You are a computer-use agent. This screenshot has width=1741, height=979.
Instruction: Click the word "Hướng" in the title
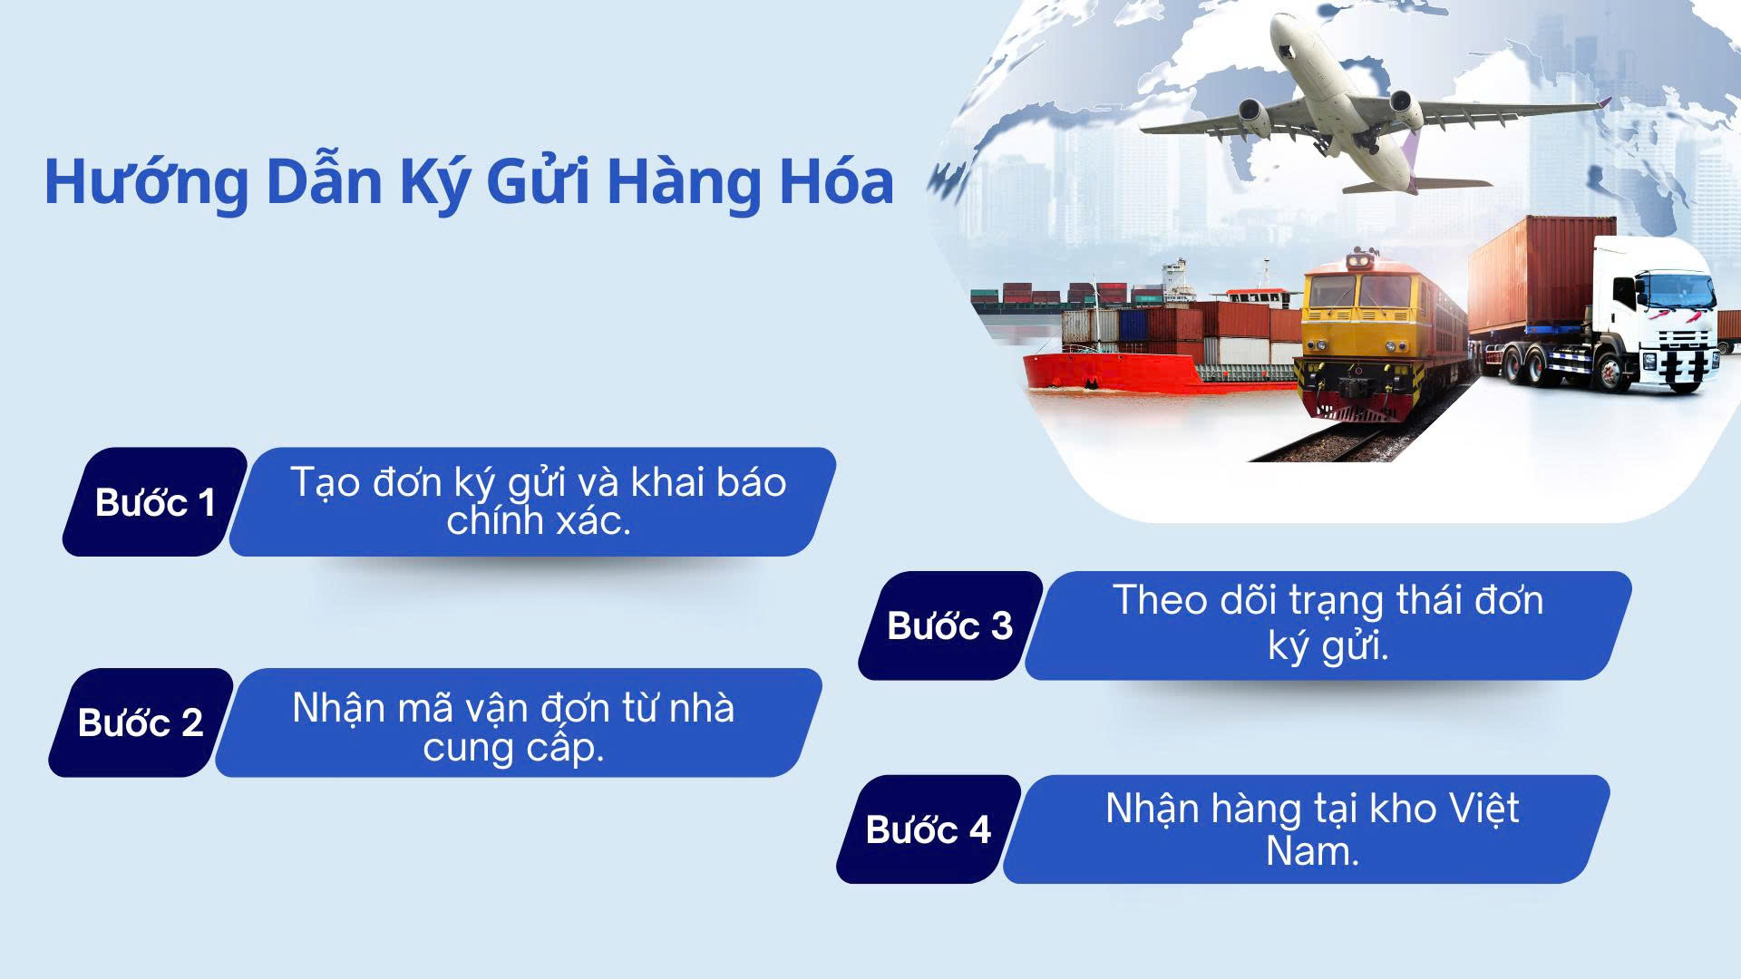[x=145, y=183]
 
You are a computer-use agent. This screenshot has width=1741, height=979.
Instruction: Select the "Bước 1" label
[x=155, y=502]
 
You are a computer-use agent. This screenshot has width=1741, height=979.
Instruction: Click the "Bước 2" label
[x=141, y=722]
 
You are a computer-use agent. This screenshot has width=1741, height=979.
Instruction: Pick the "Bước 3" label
[x=949, y=625]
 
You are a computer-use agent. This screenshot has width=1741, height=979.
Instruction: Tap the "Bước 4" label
[x=928, y=829]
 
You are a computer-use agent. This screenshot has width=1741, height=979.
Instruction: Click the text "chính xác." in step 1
[x=539, y=521]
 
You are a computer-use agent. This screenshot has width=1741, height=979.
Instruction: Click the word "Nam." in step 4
[x=1312, y=851]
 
